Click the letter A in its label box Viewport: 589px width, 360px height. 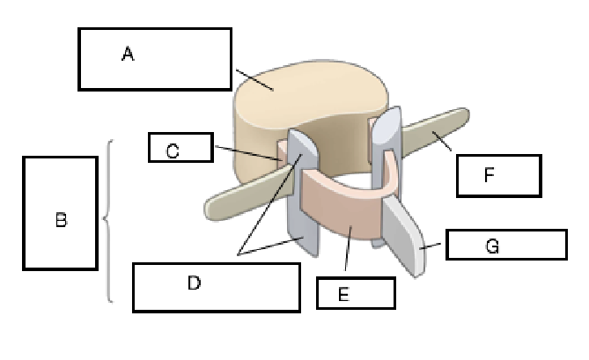[x=128, y=55]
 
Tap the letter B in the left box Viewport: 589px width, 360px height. [x=61, y=220]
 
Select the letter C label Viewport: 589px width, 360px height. [x=173, y=151]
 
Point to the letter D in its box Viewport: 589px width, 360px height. [x=195, y=283]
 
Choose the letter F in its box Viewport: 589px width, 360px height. [x=490, y=175]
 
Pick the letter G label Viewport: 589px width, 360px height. [x=493, y=247]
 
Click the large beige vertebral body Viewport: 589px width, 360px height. [x=299, y=106]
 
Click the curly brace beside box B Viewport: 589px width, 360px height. [x=108, y=220]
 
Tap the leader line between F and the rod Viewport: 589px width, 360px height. [x=445, y=143]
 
